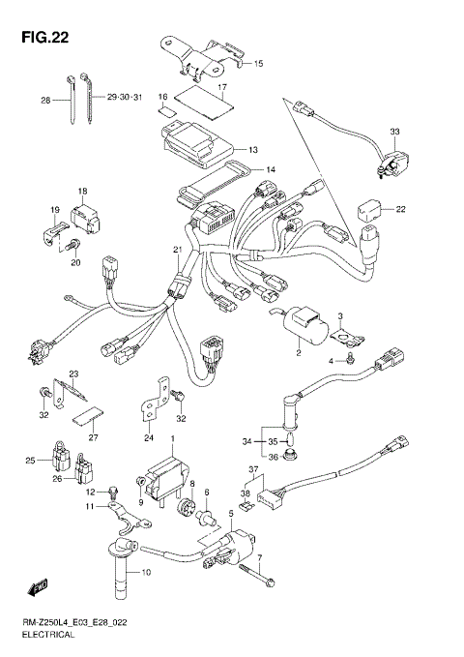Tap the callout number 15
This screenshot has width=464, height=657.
pos(258,64)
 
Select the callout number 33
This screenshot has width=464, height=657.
pos(393,131)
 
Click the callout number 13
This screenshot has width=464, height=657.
pos(252,150)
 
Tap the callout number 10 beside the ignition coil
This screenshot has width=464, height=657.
pos(146,573)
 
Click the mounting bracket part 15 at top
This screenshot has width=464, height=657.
pos(197,58)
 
